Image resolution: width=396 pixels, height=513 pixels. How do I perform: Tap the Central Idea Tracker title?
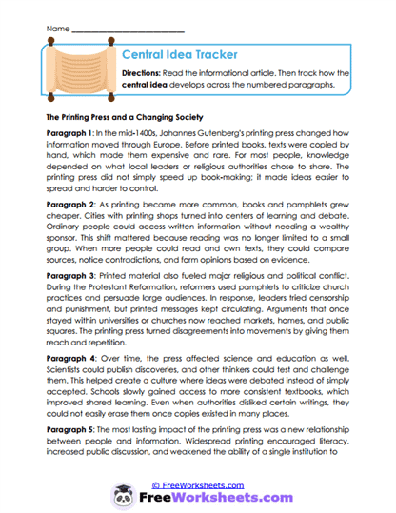click(x=181, y=55)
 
